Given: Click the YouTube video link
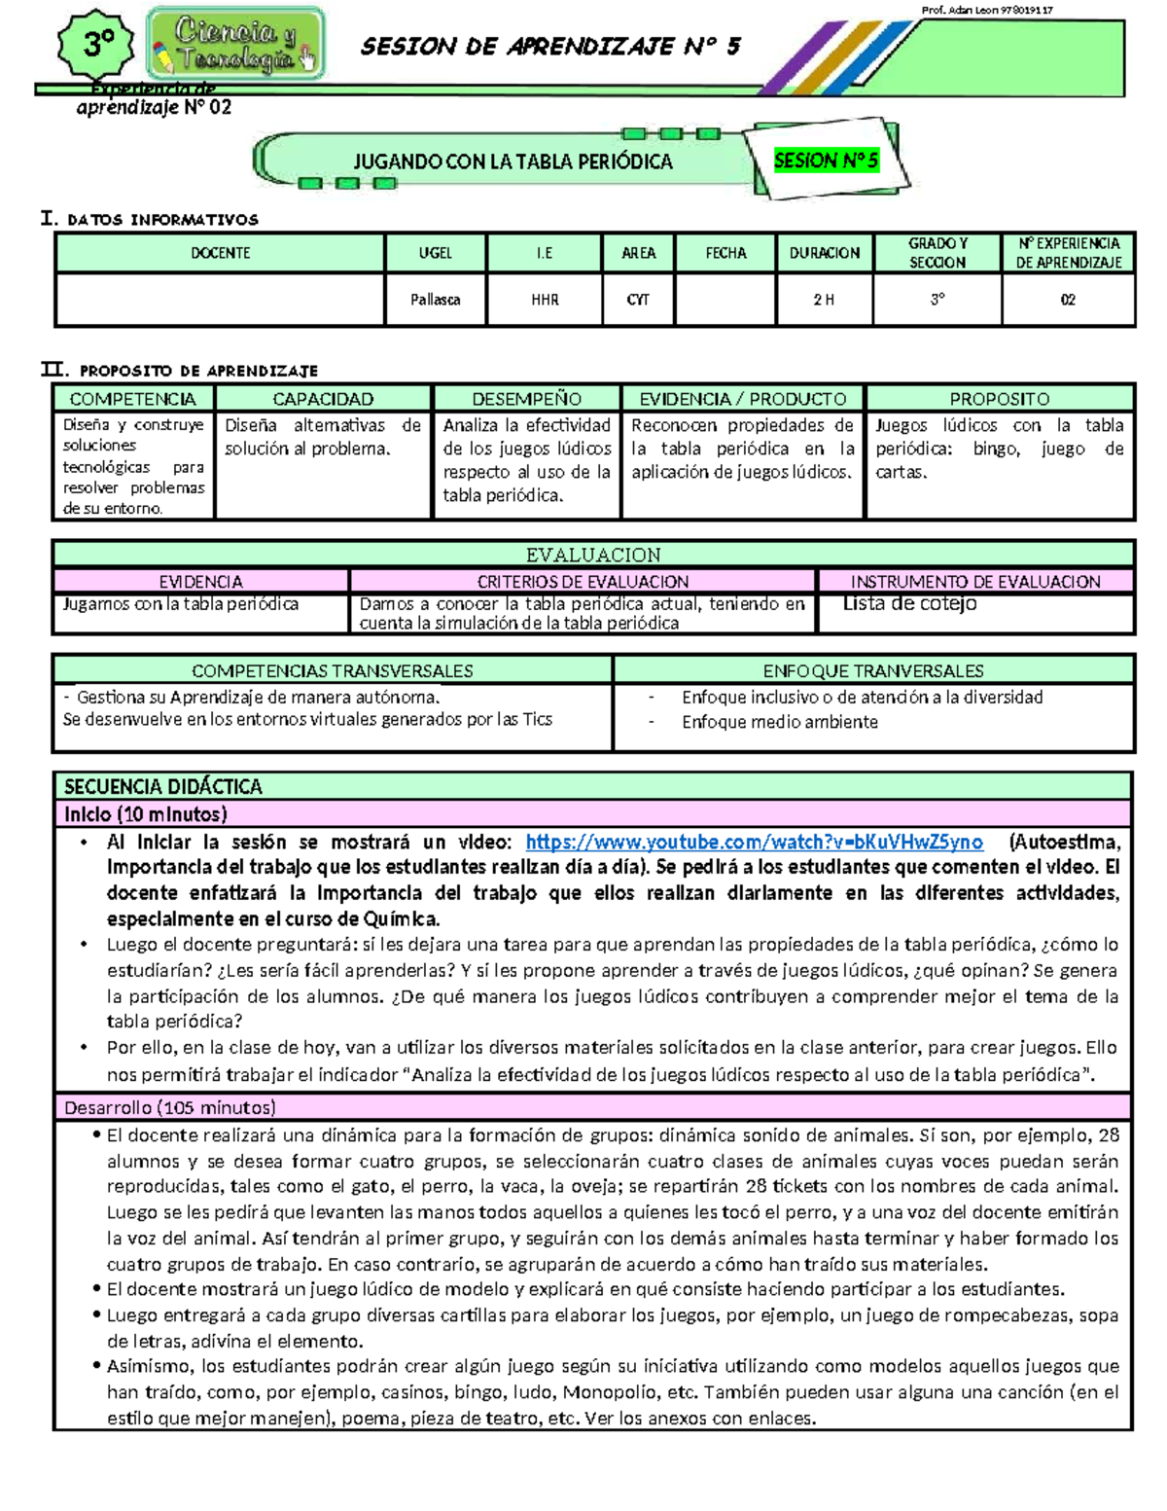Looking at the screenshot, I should coord(754,843).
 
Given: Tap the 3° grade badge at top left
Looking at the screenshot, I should coord(97,45).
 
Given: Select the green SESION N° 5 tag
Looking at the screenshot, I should coord(826,161).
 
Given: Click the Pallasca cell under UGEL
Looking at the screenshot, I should coord(435,300).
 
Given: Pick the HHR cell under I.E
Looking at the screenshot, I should coord(545,300).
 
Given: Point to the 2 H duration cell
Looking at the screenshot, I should coord(824,300).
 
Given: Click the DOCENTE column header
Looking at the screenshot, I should coord(220,253).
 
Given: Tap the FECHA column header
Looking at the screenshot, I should coord(725,253).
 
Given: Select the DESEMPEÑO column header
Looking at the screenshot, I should coord(526,399).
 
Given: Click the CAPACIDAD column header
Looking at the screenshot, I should coord(323,399).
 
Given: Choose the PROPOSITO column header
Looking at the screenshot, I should coord(999,399).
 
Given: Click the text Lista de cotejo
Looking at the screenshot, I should coord(909,603).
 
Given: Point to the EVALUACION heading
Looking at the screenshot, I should coord(593,555).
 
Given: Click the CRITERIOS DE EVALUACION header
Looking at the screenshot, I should coord(583,582).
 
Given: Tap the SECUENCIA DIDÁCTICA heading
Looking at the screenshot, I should coord(163,786).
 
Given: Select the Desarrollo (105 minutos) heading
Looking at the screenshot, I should coord(170,1107).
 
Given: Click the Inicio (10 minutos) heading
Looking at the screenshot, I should coord(146,814).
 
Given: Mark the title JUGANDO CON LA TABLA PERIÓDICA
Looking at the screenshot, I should coord(513,162).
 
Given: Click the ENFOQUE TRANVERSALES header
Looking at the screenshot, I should coord(872,670).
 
